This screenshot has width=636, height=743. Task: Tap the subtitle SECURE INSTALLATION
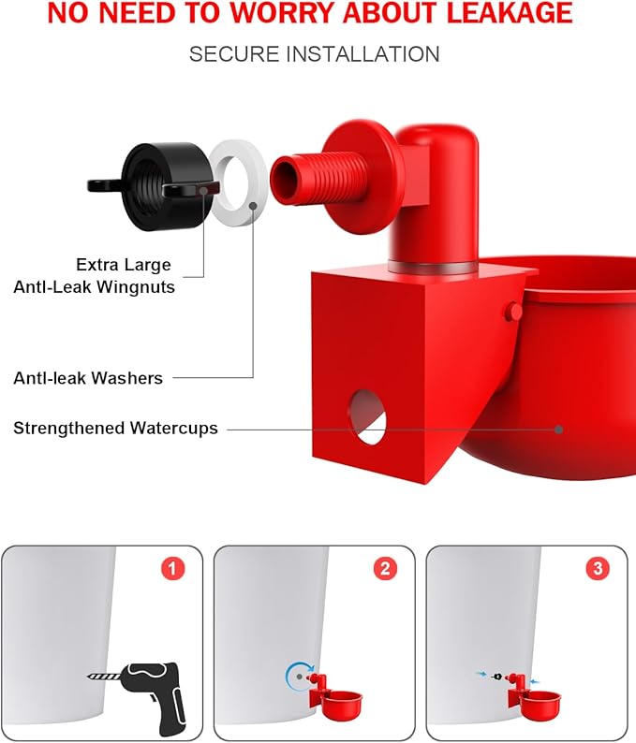314,54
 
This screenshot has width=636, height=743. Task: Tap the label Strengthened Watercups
115,429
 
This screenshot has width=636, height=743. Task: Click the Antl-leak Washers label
88,378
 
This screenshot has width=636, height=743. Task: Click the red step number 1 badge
171,569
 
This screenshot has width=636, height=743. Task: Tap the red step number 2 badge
383,569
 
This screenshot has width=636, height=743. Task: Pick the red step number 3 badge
597,569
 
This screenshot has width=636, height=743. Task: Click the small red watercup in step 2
341,702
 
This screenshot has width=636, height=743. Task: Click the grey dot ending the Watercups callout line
558,430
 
